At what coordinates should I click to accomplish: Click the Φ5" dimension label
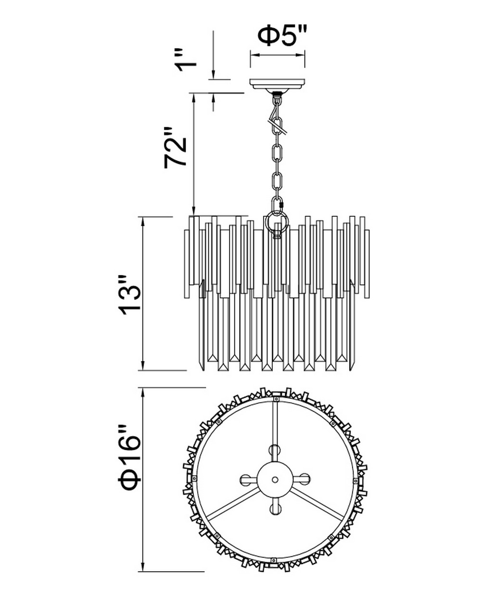282,36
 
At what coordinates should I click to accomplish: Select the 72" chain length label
175,147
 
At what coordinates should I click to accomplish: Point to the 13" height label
130,295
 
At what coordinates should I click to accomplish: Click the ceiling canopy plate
278,85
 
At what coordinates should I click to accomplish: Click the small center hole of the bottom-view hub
275,479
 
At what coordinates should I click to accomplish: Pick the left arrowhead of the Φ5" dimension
254,55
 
